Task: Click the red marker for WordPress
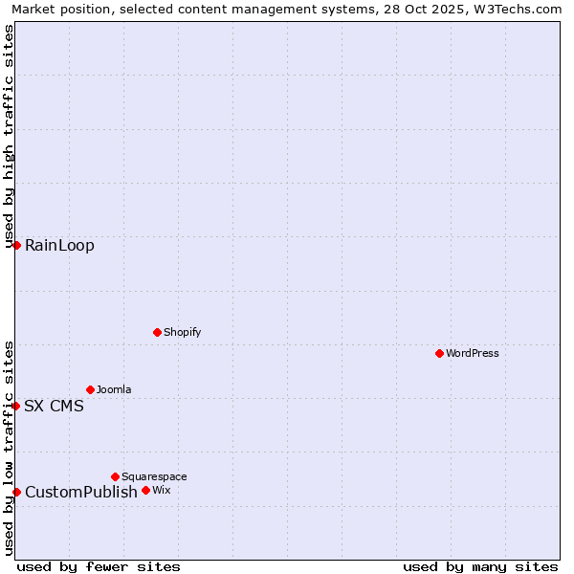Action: pos(439,353)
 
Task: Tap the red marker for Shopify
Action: pos(157,332)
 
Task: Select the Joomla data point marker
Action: pos(90,389)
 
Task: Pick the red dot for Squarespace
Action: pos(115,476)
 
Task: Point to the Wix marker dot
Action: pos(145,490)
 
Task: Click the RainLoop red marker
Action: pos(16,245)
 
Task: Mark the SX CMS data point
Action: pos(16,406)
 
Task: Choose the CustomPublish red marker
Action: pos(16,492)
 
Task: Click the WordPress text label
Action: pos(473,353)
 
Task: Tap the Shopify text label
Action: pos(182,332)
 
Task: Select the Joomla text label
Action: pos(114,389)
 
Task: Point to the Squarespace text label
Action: pos(154,476)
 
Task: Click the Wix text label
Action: pos(161,490)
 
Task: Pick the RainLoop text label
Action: pos(59,245)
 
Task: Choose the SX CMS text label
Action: pos(54,406)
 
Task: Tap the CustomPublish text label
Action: pos(81,492)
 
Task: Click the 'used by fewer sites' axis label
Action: pos(99,566)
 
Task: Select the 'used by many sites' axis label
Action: pos(480,566)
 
